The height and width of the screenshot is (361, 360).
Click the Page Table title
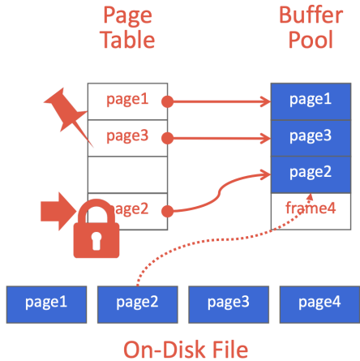coord(128,28)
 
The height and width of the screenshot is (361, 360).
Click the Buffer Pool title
coord(311,28)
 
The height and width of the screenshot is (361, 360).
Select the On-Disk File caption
coord(186,350)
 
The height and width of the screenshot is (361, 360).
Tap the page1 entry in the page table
coord(127,101)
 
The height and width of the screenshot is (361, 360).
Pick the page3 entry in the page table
coord(127,138)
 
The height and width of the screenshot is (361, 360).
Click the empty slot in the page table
coord(127,174)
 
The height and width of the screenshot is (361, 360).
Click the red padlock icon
coord(96,229)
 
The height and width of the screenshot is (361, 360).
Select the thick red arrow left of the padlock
coord(58,212)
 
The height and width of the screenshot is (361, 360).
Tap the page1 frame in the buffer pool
coord(311,101)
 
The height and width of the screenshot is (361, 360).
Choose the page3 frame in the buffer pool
coord(311,138)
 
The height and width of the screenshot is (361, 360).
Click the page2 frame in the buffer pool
coord(311,174)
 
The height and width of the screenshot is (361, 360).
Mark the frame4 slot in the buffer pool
coord(311,212)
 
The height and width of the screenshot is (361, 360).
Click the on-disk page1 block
coord(46,304)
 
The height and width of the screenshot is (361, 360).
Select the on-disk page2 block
coord(138,304)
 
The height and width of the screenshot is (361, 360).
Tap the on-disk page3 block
coord(229,304)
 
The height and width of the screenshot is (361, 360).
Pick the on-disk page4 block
coord(319,304)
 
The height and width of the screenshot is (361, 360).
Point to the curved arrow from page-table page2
coord(219,192)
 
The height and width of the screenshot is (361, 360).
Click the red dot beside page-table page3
coord(168,138)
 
